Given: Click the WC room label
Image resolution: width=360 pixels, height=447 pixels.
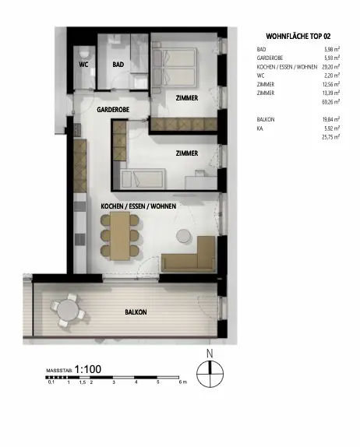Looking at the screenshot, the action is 83,65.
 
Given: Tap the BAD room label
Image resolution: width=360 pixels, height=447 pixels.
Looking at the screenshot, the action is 118,65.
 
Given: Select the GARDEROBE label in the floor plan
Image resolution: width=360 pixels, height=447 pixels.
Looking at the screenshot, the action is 113,110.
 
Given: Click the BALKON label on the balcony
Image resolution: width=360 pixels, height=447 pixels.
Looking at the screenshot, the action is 136,312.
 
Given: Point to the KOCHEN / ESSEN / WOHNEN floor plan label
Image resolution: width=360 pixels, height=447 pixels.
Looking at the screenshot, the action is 139,206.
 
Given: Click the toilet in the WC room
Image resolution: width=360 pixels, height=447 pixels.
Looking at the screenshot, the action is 84,53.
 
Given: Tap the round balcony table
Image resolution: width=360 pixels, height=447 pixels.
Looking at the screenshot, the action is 67,310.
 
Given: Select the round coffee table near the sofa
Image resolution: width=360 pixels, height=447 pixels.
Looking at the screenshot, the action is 184,236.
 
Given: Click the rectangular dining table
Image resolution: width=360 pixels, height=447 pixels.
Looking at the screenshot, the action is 120,235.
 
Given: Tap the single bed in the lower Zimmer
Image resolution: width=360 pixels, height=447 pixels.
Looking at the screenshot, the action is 143,179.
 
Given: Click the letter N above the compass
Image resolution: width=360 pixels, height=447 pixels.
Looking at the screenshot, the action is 210,354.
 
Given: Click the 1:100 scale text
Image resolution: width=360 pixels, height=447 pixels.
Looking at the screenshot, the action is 88,369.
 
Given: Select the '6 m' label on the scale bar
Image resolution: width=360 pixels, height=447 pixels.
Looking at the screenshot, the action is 183,382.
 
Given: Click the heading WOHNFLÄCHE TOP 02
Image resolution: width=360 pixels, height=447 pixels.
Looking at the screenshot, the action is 298,37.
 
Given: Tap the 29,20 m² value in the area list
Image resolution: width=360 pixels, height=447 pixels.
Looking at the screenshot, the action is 331,67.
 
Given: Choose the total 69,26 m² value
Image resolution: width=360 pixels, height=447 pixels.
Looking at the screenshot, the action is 331,102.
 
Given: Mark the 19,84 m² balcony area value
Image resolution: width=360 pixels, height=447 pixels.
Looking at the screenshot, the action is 331,119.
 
